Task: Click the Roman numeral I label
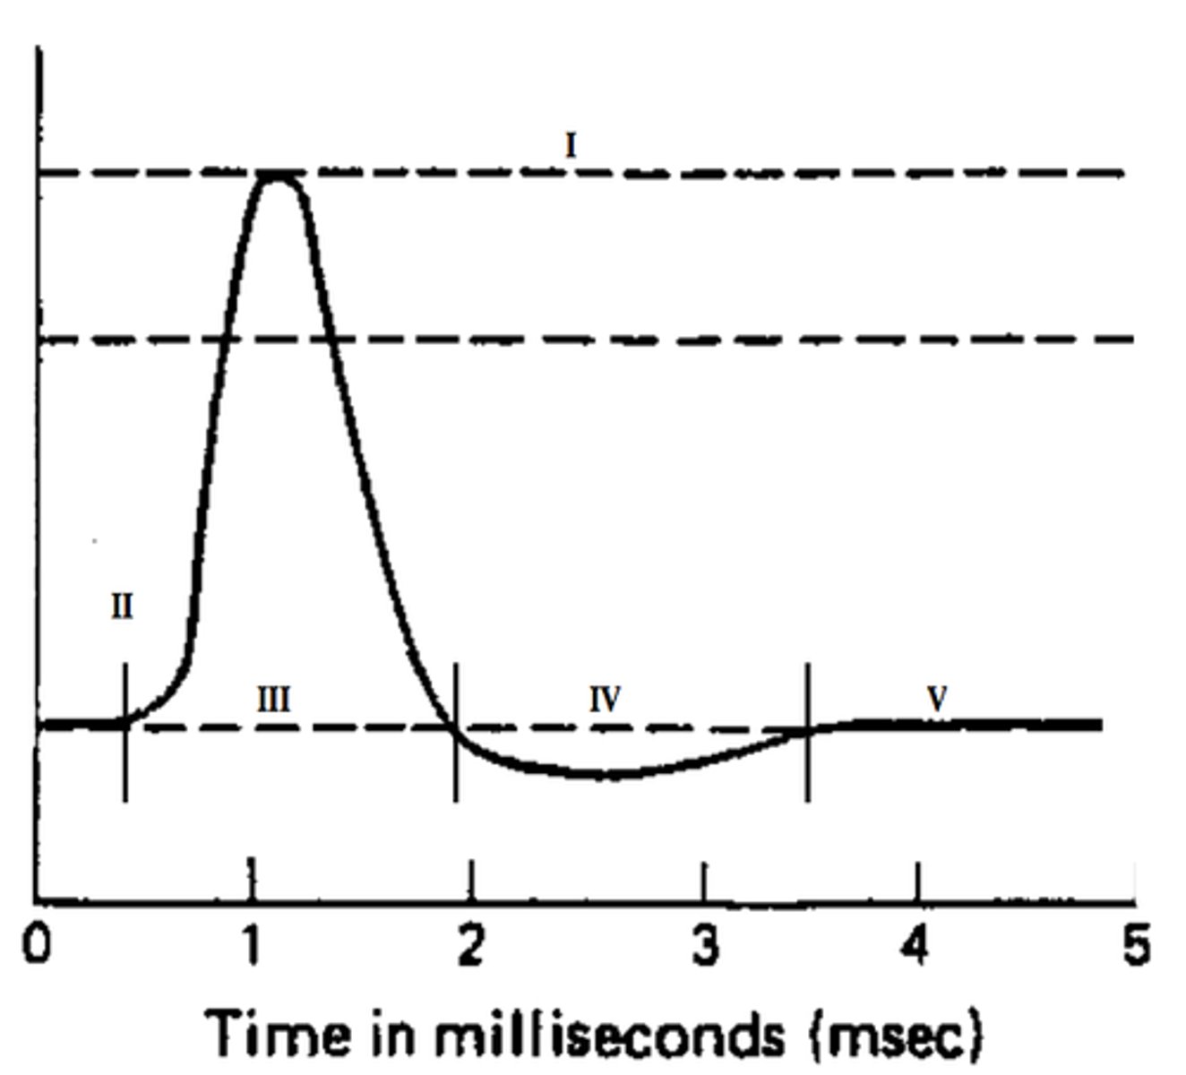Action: (x=571, y=145)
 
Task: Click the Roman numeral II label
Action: (x=122, y=607)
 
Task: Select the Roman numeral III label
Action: (x=273, y=699)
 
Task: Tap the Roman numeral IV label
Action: (x=606, y=699)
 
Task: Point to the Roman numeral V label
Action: (x=937, y=699)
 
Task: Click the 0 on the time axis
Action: (x=37, y=945)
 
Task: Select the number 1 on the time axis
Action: (x=253, y=945)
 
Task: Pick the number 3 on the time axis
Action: (x=706, y=945)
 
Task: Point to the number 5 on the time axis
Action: (x=1135, y=945)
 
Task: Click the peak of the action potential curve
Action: (x=279, y=176)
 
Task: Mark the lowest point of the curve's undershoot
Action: (x=609, y=775)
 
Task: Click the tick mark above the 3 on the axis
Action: (x=704, y=881)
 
